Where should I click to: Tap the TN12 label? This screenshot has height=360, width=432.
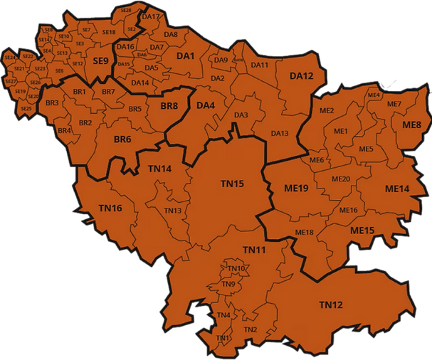click(x=331, y=305)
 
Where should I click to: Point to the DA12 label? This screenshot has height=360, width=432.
click(x=301, y=76)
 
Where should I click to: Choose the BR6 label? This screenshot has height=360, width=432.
click(x=122, y=139)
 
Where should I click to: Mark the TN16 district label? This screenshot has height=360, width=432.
click(x=110, y=208)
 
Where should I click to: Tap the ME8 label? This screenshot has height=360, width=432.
click(x=411, y=125)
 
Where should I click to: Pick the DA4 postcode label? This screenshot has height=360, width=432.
click(x=206, y=106)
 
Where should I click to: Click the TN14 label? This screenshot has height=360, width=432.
click(x=159, y=169)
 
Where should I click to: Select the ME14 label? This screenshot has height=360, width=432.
click(x=397, y=189)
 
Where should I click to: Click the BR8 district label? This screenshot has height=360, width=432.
click(x=169, y=106)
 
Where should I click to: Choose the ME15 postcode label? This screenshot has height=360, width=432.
click(x=362, y=231)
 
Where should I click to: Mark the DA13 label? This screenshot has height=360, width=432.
click(x=280, y=133)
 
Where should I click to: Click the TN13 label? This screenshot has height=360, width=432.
click(x=172, y=211)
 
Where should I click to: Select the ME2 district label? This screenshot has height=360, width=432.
click(x=327, y=111)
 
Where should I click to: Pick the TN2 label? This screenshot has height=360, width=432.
click(x=250, y=329)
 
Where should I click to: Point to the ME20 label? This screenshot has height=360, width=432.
click(x=341, y=179)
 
